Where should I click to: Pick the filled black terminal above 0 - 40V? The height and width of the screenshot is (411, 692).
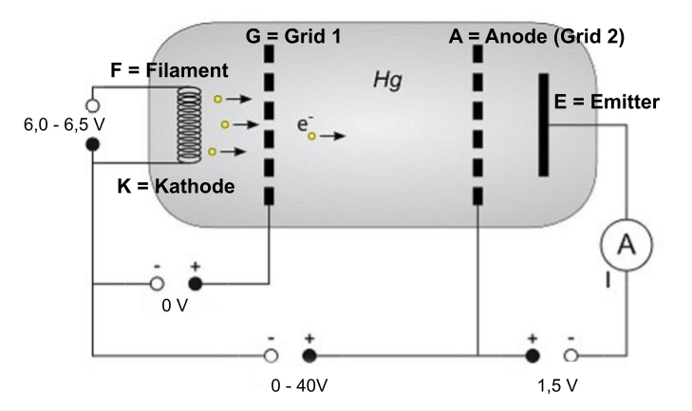tap(309, 355)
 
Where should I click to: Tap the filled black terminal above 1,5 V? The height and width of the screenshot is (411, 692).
tap(533, 355)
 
